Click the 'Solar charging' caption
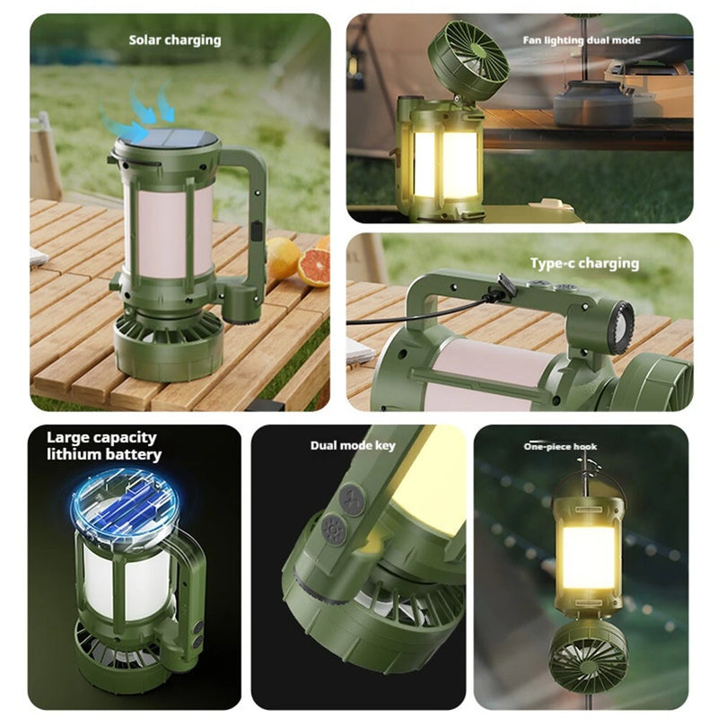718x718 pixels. click(x=174, y=40)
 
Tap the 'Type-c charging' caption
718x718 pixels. click(x=583, y=263)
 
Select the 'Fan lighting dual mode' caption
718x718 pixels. click(x=581, y=40)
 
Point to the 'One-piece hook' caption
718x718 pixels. click(x=560, y=446)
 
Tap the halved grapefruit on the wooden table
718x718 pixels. click(x=313, y=267)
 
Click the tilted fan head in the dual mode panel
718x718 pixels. click(x=468, y=60)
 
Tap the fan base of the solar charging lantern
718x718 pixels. click(x=168, y=346)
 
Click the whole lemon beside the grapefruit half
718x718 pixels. click(x=282, y=257)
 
